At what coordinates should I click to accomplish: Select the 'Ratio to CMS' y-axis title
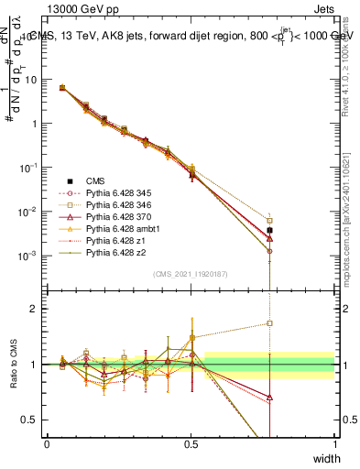[12, 365]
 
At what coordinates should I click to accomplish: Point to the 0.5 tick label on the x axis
[191, 444]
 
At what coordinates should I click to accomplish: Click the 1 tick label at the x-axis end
[335, 444]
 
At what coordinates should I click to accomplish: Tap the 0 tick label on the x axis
[47, 444]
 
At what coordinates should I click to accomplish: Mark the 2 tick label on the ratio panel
[35, 309]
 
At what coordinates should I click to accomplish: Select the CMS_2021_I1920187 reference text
[191, 274]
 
